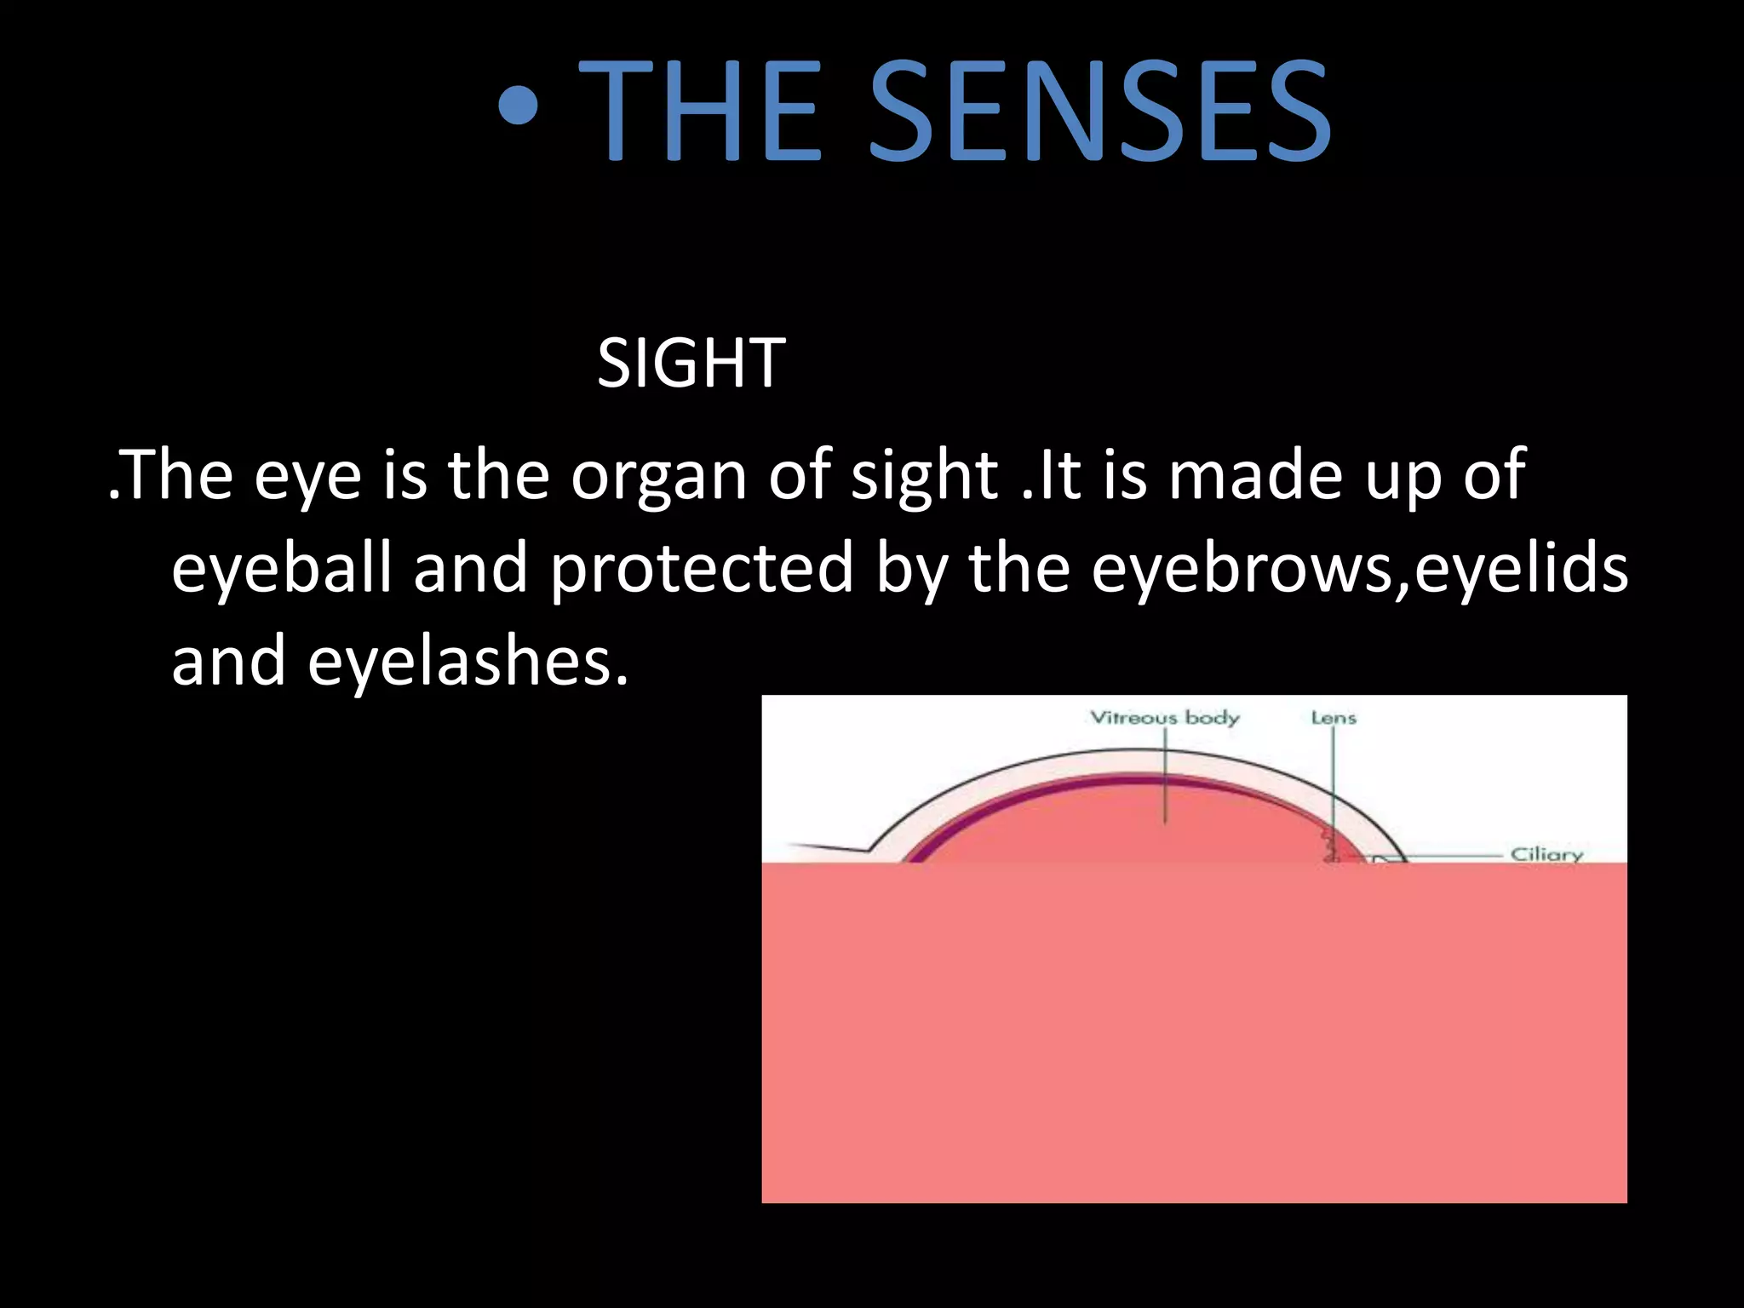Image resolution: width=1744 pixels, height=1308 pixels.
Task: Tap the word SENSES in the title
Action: point(1099,110)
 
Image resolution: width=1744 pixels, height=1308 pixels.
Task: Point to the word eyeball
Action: point(282,569)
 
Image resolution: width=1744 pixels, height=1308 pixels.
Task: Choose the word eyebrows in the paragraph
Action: point(1243,569)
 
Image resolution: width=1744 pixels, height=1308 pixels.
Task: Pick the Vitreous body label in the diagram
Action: point(1165,718)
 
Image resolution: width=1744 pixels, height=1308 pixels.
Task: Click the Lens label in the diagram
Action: point(1334,718)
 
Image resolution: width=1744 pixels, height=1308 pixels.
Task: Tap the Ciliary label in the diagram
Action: point(1546,853)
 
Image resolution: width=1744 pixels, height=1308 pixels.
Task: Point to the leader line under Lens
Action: point(1334,783)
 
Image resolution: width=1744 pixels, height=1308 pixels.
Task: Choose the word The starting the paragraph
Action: point(179,475)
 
